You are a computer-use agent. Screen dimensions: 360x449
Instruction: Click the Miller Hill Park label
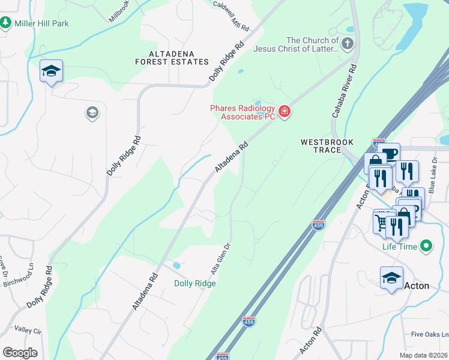tap(42, 23)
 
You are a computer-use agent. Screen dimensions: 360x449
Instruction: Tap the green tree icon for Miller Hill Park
tap(6, 23)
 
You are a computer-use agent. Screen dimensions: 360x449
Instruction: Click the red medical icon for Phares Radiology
tap(283, 112)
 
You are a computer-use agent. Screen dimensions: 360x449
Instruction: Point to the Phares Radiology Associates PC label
tap(242, 112)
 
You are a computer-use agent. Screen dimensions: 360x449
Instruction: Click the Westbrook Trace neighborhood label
tap(327, 146)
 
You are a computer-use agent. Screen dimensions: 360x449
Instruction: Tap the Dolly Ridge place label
tap(194, 283)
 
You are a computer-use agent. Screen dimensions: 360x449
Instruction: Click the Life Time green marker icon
tap(426, 246)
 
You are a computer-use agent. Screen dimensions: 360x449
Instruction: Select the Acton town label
tap(417, 286)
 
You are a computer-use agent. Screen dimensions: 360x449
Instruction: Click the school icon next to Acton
tap(391, 278)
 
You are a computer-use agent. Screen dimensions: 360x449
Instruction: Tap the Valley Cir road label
tap(28, 331)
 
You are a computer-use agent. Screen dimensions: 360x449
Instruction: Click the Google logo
tap(20, 353)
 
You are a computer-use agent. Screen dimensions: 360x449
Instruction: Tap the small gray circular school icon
tap(92, 112)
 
